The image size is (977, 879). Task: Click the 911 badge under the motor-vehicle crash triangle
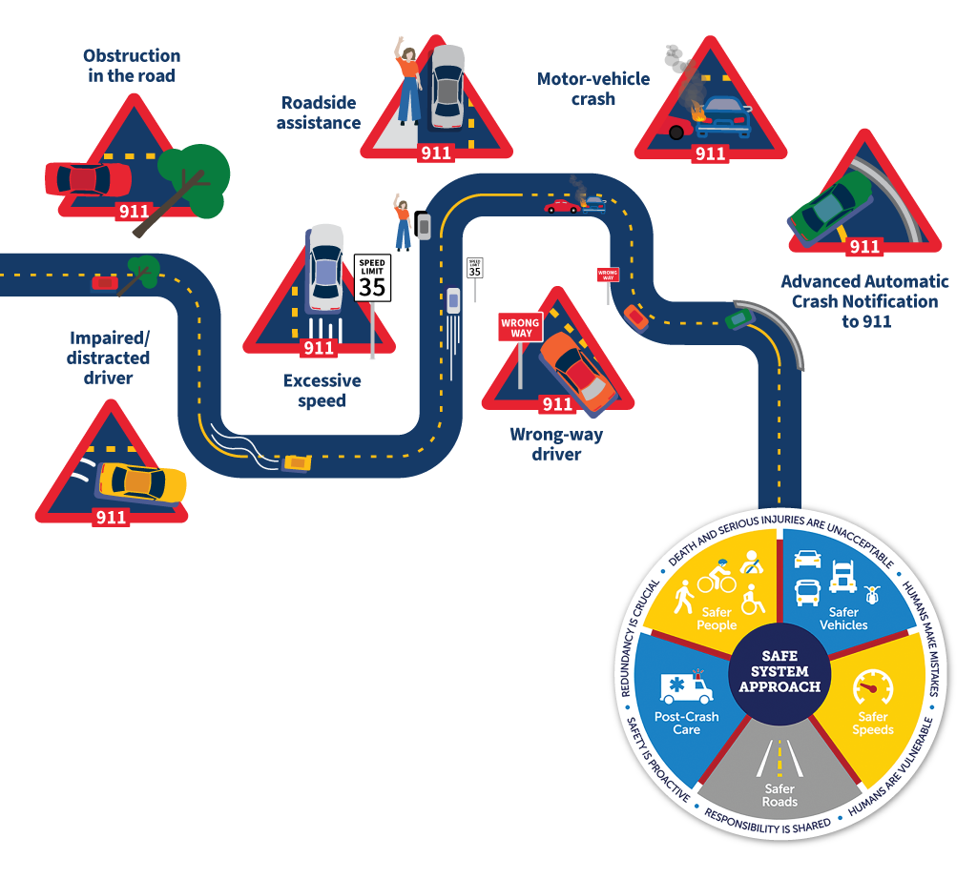click(x=710, y=154)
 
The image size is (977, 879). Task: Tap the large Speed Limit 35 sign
click(x=372, y=277)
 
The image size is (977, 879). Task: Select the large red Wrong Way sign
click(x=520, y=328)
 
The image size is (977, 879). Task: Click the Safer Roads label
click(x=780, y=795)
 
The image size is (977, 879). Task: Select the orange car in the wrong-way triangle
click(x=577, y=370)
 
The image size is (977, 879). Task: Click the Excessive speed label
click(x=322, y=391)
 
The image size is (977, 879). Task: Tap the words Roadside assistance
click(x=319, y=112)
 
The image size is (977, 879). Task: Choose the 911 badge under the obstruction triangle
click(x=133, y=212)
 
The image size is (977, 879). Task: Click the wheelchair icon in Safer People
click(x=753, y=601)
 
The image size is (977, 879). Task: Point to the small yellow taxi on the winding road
click(x=297, y=463)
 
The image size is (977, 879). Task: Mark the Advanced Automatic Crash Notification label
click(x=864, y=301)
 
